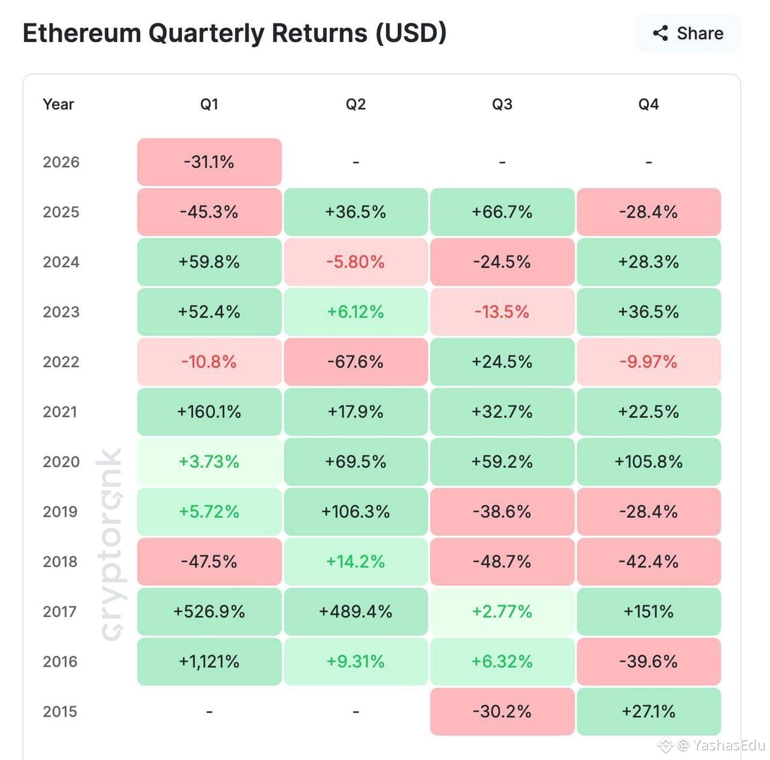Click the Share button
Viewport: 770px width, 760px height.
(x=688, y=33)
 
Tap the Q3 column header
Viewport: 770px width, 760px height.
(x=502, y=104)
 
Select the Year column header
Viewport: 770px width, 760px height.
(x=58, y=104)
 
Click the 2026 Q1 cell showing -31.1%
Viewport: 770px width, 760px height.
(x=209, y=162)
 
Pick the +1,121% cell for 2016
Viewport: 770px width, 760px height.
(x=209, y=661)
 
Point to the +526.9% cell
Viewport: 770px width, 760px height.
(x=209, y=611)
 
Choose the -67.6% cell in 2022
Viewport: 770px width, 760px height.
(x=356, y=361)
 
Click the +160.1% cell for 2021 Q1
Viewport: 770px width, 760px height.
(x=209, y=412)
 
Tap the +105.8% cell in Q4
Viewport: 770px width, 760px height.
(x=649, y=462)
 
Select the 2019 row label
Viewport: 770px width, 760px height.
(x=60, y=512)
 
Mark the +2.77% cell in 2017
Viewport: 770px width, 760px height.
(x=502, y=611)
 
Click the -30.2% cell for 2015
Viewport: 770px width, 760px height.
(x=502, y=711)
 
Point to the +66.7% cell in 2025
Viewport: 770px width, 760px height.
(x=502, y=212)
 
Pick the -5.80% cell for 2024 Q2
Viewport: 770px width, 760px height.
(x=356, y=262)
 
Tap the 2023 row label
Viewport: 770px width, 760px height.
(x=61, y=311)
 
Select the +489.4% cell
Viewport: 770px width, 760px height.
(x=356, y=611)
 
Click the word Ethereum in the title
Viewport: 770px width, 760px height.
(x=82, y=32)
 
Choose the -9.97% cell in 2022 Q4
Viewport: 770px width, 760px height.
(x=649, y=361)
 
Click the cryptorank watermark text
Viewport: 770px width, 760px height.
(x=111, y=544)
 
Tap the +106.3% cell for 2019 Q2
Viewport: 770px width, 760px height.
(x=356, y=512)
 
